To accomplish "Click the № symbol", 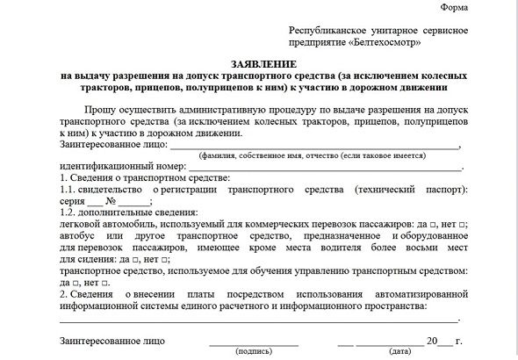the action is pos(112,200).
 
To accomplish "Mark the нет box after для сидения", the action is pos(167,260).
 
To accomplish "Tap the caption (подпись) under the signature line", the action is pos(253,352).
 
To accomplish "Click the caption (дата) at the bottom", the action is pos(400,352).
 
